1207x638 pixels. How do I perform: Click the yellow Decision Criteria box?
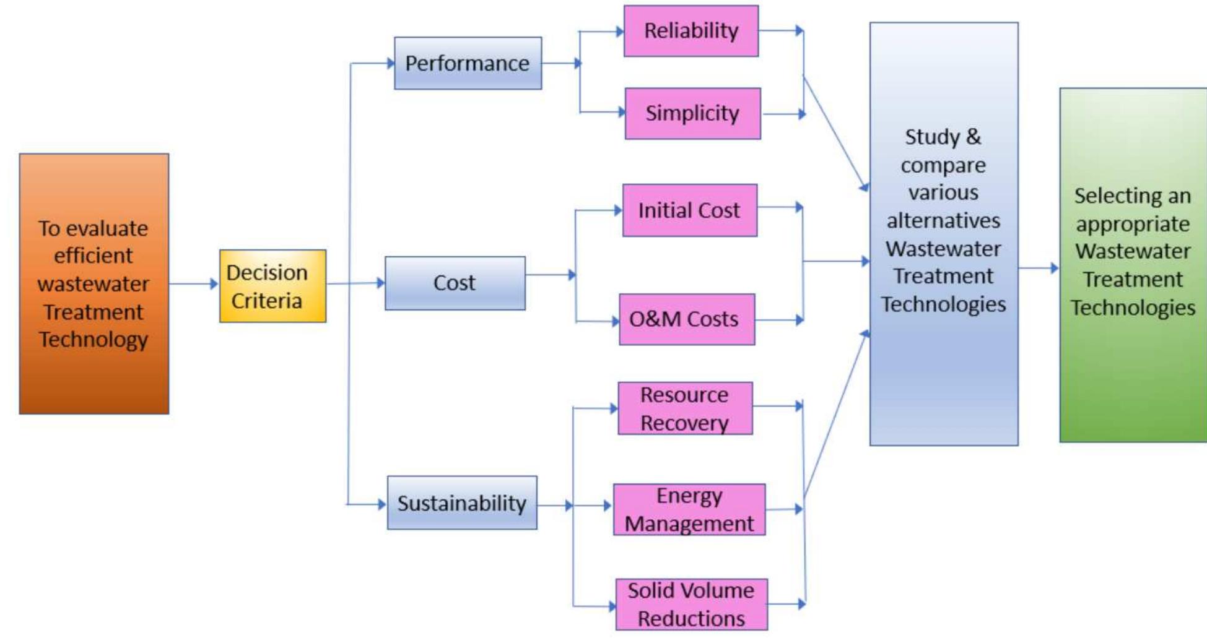(272, 286)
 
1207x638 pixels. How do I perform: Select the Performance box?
(468, 63)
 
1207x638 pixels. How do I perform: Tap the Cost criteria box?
(455, 283)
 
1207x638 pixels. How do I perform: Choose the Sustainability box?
(462, 502)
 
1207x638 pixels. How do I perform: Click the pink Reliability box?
(691, 31)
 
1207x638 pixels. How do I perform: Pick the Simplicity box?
(692, 113)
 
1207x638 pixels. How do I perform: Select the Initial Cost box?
(690, 210)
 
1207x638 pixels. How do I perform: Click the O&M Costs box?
(687, 319)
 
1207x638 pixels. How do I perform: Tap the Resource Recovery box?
(685, 408)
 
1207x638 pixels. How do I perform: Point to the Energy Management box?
(689, 509)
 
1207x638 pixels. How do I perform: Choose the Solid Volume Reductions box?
(691, 605)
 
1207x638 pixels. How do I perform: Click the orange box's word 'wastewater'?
(94, 284)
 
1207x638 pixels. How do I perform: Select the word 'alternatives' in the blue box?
(943, 220)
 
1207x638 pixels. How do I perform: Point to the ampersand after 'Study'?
(974, 137)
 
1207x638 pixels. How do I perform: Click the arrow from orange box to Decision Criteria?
(194, 284)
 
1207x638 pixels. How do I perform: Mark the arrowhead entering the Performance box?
(391, 63)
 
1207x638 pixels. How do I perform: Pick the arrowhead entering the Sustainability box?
(383, 504)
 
